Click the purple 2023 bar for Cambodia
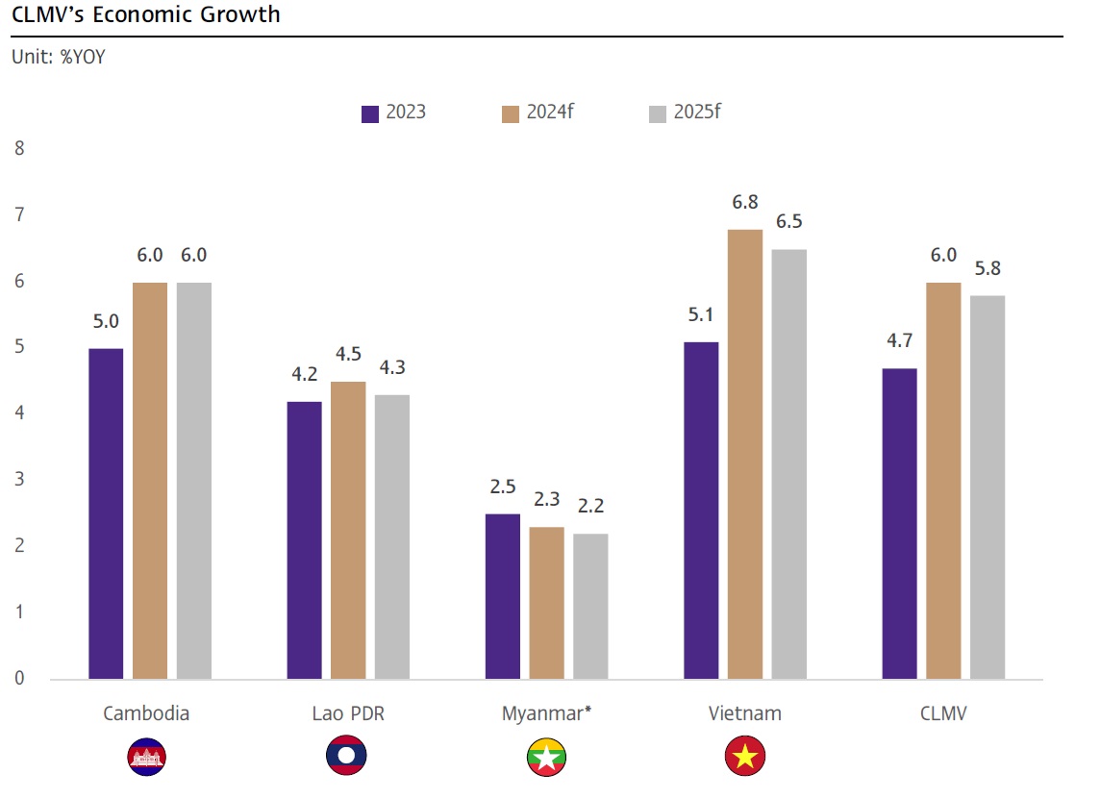tap(106, 513)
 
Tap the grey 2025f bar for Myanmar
tap(590, 606)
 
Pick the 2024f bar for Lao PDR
tap(348, 530)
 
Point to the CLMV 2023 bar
tap(900, 523)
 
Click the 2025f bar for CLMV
tap(987, 487)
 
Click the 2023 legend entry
tap(393, 112)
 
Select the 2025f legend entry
tap(685, 112)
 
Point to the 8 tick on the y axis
tap(18, 149)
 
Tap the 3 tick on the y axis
tap(18, 480)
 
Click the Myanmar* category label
tap(546, 713)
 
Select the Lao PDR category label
tap(348, 713)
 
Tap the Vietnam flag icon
tap(744, 758)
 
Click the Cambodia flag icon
tap(146, 758)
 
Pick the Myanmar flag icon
tap(546, 758)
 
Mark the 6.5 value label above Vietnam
tap(789, 222)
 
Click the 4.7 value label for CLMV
tap(900, 340)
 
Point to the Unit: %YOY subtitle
tap(58, 57)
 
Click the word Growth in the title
tap(245, 15)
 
